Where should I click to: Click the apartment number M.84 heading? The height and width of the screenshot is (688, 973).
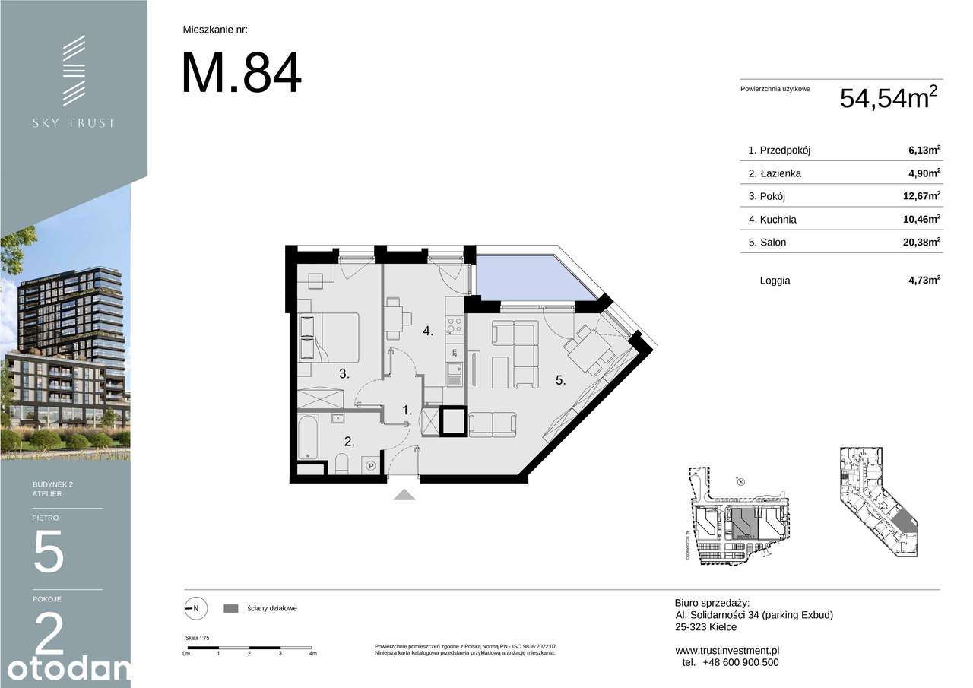click(241, 73)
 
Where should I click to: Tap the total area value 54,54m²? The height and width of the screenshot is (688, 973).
click(888, 98)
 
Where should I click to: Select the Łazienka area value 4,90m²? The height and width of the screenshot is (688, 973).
click(924, 173)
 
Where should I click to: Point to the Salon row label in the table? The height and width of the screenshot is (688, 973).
click(767, 243)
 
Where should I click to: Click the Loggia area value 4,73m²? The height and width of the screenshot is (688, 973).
click(924, 281)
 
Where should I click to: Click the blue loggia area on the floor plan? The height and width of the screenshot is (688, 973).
click(525, 277)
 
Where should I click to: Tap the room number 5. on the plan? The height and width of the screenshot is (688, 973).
click(560, 381)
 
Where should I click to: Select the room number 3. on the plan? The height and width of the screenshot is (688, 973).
click(344, 373)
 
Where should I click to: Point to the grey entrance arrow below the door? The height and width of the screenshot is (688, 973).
click(404, 495)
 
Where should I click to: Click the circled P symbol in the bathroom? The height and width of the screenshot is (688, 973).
click(372, 466)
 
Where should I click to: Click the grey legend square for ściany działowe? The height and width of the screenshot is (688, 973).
click(231, 608)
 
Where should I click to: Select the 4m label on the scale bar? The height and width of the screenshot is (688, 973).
click(312, 654)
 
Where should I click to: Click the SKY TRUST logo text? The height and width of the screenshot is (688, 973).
click(74, 122)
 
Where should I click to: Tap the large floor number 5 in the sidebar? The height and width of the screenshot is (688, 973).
click(49, 552)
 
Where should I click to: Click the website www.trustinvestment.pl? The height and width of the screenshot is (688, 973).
click(727, 650)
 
